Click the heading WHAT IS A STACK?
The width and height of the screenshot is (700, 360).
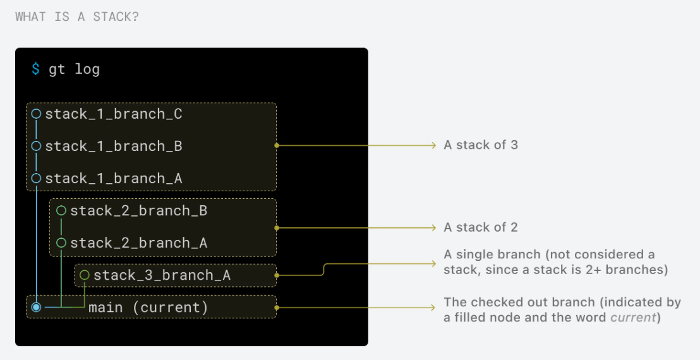coord(77,16)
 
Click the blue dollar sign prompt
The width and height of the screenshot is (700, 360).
coord(36,69)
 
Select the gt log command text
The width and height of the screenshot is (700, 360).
coord(75,69)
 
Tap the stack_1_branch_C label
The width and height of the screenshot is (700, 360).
coord(114,114)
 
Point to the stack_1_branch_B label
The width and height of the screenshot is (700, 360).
coord(114,147)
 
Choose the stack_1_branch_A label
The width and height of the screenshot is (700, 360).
coord(114,179)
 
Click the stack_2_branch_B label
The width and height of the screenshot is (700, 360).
coord(138,210)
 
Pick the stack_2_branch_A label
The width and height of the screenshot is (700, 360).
coord(138,243)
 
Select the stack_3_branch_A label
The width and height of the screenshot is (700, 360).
coord(162,275)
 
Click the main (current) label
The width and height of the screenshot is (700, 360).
coord(148,308)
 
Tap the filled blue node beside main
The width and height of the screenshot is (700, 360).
coord(36,308)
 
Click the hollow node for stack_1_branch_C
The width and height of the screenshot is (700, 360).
coord(36,114)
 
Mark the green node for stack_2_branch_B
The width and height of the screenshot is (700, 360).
coord(61,210)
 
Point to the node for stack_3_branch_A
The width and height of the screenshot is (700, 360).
coord(85,275)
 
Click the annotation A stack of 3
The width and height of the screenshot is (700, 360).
coord(481,145)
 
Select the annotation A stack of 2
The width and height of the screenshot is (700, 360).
coord(481,227)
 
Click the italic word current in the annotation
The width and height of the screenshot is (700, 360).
coord(632,318)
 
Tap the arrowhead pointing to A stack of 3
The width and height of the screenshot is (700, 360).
coord(433,145)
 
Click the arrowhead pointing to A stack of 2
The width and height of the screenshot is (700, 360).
coord(433,227)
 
